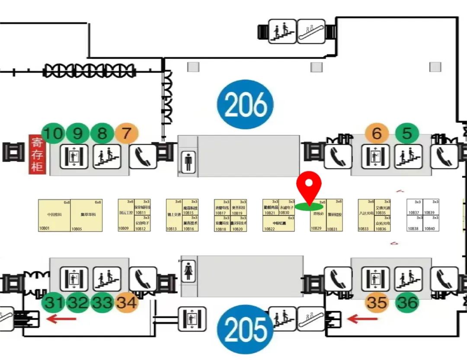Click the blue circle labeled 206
pyautogui.click(x=245, y=104)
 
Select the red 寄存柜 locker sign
pyautogui.click(x=37, y=154)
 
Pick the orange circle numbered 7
pyautogui.click(x=126, y=133)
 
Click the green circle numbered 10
pyautogui.click(x=53, y=133)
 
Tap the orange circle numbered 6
pyautogui.click(x=377, y=133)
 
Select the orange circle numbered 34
pyautogui.click(x=127, y=302)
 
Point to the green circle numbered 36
pyautogui.click(x=407, y=302)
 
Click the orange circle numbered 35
pyautogui.click(x=377, y=302)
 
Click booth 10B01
pyautogui.click(x=54, y=215)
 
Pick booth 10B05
pyautogui.click(x=86, y=215)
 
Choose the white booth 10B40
pyautogui.click(x=431, y=223)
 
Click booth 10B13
pyautogui.click(x=174, y=215)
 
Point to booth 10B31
pyautogui.click(x=335, y=215)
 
